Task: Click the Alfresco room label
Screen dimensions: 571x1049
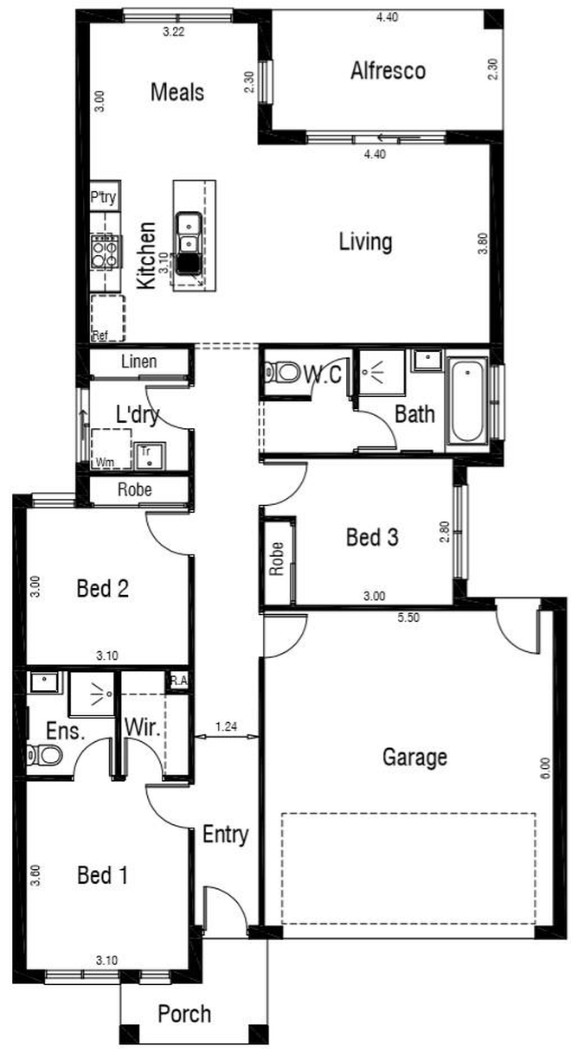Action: coord(388,71)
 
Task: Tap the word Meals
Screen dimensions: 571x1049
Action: coord(177,92)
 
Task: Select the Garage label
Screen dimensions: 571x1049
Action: coord(414,758)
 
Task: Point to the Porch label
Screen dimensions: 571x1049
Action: coord(184,1014)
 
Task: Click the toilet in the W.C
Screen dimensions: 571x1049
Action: coord(282,374)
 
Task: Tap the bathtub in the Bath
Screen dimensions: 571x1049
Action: coord(467,400)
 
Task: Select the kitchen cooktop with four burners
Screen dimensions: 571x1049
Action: coord(106,252)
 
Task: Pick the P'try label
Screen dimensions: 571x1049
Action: coord(104,197)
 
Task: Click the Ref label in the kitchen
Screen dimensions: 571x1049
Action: coord(100,336)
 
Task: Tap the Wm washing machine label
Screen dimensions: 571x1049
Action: coord(105,463)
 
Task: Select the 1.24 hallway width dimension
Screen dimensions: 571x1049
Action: coord(227,726)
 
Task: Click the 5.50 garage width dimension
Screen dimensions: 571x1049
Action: coord(408,617)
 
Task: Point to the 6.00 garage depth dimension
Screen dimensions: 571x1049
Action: coord(545,769)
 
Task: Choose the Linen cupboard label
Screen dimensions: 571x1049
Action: coord(138,361)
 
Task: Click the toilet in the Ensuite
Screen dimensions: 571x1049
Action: coord(44,754)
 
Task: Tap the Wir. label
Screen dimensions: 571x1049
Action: coord(143,728)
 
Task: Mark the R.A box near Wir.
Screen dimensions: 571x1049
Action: coord(178,681)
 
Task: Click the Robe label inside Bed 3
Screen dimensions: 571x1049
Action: coord(276,559)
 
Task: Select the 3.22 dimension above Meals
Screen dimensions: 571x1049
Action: coord(173,32)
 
